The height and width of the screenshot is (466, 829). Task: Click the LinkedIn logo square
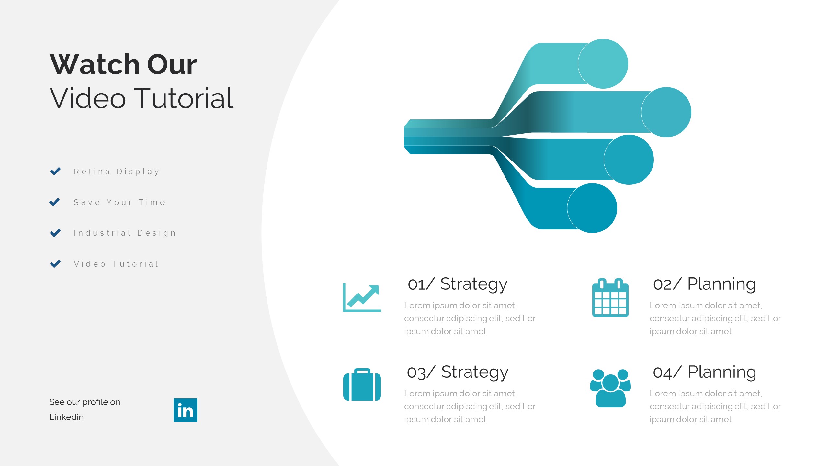pyautogui.click(x=185, y=410)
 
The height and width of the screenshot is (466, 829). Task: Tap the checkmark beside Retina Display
pyautogui.click(x=55, y=171)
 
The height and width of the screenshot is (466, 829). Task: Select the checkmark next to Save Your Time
pyautogui.click(x=54, y=202)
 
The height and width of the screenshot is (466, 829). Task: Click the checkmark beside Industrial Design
pyautogui.click(x=55, y=233)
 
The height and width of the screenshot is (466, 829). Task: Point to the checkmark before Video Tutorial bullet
pyautogui.click(x=55, y=264)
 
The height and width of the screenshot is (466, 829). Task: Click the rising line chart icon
pyautogui.click(x=362, y=297)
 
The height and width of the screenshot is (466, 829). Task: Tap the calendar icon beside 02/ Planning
pyautogui.click(x=610, y=297)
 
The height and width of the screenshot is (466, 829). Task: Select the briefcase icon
pyautogui.click(x=362, y=384)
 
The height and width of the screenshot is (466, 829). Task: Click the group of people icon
pyautogui.click(x=610, y=388)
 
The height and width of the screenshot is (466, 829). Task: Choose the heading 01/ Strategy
pyautogui.click(x=458, y=284)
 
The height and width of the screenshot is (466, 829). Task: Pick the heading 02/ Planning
pyautogui.click(x=705, y=284)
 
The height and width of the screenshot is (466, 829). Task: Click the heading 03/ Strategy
pyautogui.click(x=458, y=372)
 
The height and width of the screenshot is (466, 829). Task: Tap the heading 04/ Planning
pyautogui.click(x=705, y=372)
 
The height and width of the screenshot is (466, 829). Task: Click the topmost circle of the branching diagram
pyautogui.click(x=603, y=64)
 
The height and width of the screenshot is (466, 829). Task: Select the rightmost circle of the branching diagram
pyautogui.click(x=666, y=112)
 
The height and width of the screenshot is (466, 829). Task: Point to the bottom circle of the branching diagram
pyautogui.click(x=592, y=208)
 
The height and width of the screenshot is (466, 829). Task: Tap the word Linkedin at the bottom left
pyautogui.click(x=66, y=417)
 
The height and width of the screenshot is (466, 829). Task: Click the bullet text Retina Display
pyautogui.click(x=117, y=172)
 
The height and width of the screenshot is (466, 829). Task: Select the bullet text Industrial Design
pyautogui.click(x=125, y=233)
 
